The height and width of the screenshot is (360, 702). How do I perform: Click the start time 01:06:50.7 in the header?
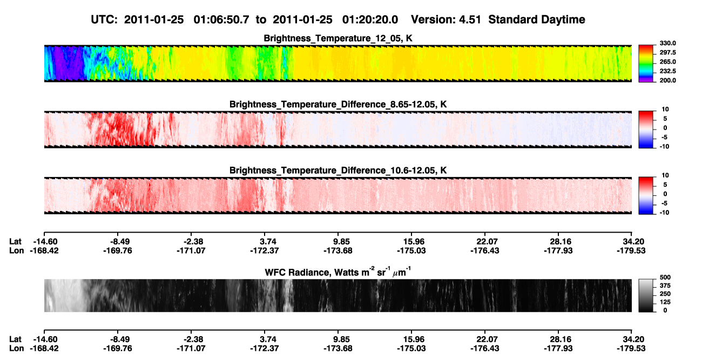click(221, 20)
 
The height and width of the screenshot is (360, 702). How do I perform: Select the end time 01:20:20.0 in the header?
click(370, 20)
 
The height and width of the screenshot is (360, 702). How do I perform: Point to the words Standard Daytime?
click(537, 20)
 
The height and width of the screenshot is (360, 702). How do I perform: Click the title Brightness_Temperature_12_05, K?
click(338, 38)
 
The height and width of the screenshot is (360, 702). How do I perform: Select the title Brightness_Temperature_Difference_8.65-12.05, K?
click(338, 104)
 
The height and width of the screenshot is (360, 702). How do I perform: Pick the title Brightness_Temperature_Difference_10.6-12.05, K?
click(338, 171)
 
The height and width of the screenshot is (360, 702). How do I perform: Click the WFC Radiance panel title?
click(337, 271)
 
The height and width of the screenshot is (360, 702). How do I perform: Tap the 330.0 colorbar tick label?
click(667, 43)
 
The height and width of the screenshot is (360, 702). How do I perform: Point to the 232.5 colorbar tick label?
click(667, 71)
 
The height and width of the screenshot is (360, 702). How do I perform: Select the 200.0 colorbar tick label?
click(667, 80)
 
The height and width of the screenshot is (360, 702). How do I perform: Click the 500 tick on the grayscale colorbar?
click(665, 277)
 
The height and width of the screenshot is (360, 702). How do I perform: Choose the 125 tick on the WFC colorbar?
click(665, 302)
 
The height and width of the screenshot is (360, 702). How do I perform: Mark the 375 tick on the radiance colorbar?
click(665, 286)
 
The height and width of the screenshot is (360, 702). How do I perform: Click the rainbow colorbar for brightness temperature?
click(646, 64)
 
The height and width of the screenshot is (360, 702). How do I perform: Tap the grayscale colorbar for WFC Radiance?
click(646, 295)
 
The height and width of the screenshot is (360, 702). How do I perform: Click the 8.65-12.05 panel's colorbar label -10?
click(664, 147)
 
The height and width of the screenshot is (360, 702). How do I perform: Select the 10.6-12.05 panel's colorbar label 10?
click(665, 175)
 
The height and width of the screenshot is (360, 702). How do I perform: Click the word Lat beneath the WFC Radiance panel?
click(15, 339)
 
